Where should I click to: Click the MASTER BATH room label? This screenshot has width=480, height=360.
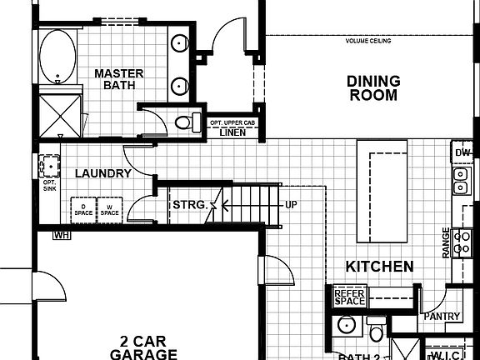point(118,79)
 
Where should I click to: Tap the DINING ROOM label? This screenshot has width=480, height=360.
point(373,87)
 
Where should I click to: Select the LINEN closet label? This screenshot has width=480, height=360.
point(232,132)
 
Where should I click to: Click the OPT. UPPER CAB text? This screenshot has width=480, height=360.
point(232,122)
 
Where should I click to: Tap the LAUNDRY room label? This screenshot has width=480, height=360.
point(102,173)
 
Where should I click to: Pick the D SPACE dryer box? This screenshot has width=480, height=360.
point(84,209)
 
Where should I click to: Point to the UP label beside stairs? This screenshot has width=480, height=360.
point(291,204)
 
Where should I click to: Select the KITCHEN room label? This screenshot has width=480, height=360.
point(380,267)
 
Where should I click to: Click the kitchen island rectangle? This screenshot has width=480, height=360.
point(382,191)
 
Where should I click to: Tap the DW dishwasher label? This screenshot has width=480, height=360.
point(463,153)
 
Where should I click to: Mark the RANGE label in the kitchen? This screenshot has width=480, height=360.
point(447,242)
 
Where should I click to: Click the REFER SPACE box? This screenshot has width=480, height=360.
point(349,297)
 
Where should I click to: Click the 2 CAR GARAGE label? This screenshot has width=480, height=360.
point(143,347)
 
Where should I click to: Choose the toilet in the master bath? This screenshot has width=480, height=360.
point(184,123)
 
